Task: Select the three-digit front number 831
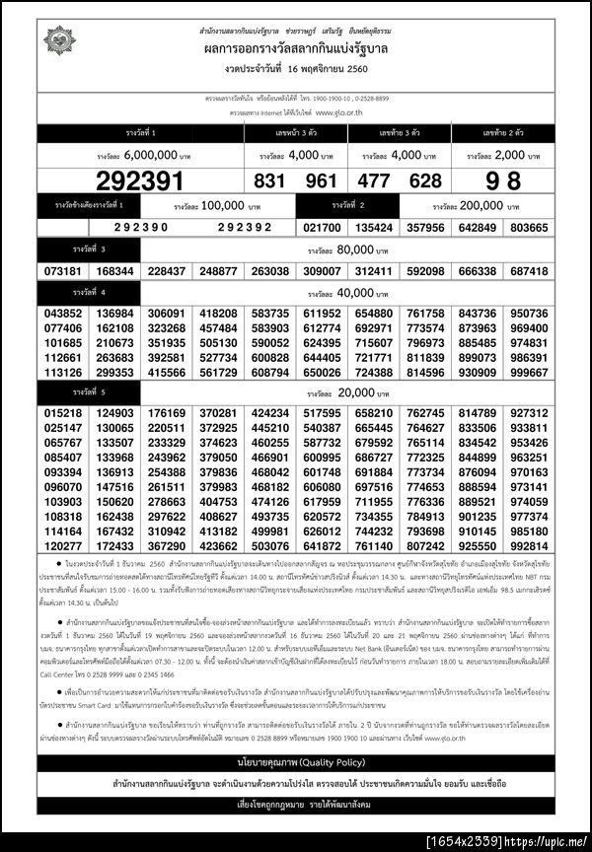click(x=269, y=180)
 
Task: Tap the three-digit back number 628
click(x=425, y=180)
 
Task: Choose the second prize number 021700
click(x=322, y=227)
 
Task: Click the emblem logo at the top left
click(x=58, y=42)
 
